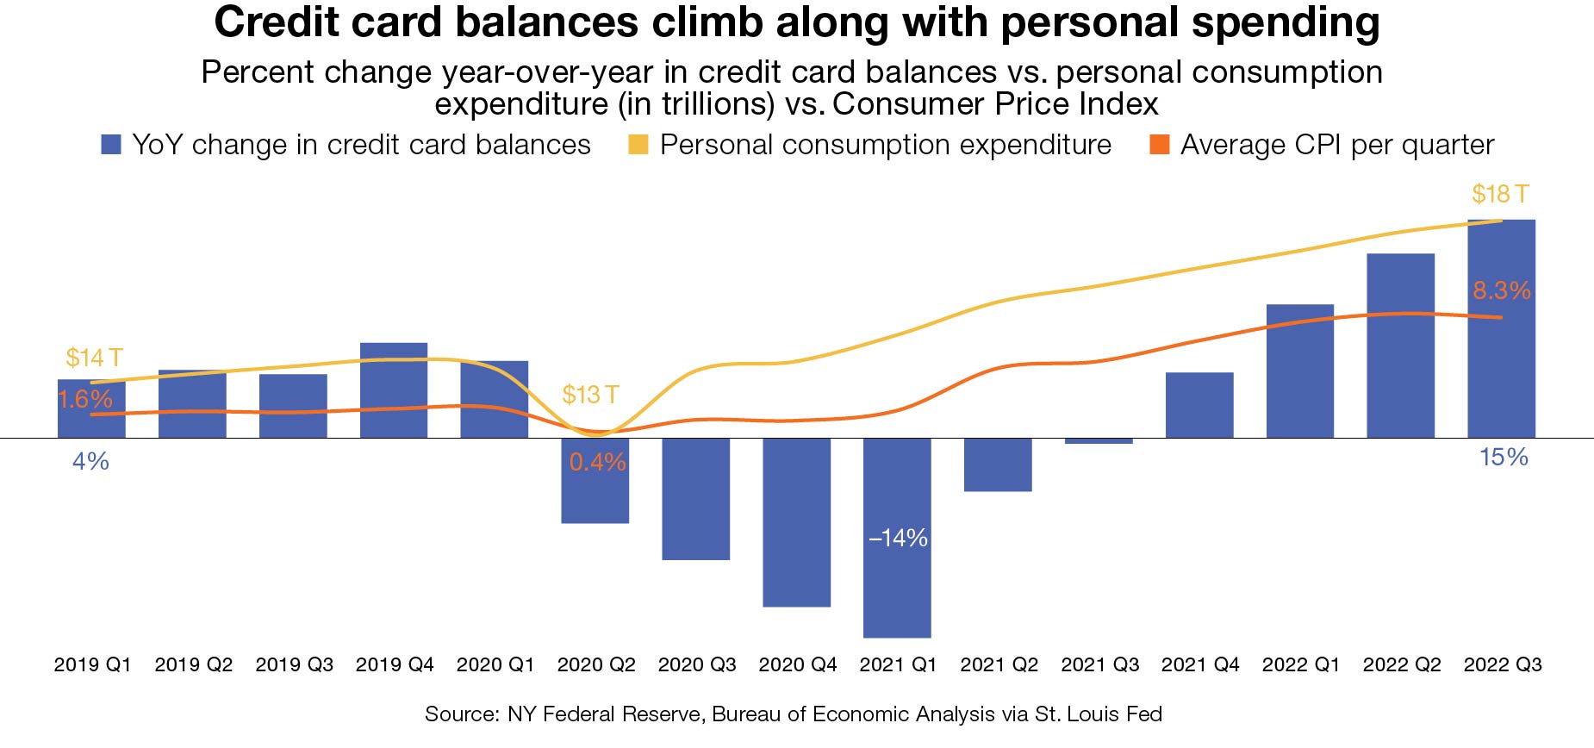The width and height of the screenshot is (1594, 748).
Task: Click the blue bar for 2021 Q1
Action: pyautogui.click(x=897, y=586)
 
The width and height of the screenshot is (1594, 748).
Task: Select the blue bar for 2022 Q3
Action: pyautogui.click(x=1501, y=362)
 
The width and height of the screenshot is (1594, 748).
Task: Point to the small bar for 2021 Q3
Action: pyautogui.click(x=1099, y=441)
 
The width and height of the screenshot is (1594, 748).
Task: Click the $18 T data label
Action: pyautogui.click(x=1499, y=194)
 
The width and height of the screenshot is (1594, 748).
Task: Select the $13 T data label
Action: pyautogui.click(x=590, y=395)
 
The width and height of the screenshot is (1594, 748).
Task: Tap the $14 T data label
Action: pyautogui.click(x=94, y=358)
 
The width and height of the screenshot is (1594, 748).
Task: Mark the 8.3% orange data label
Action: pyautogui.click(x=1501, y=290)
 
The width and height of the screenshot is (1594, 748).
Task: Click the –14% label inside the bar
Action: pyautogui.click(x=898, y=538)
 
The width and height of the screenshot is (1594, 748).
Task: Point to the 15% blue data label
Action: pyautogui.click(x=1504, y=457)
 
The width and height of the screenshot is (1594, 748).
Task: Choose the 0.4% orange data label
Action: pyautogui.click(x=597, y=462)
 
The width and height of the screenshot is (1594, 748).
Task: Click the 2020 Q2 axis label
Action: pyautogui.click(x=596, y=664)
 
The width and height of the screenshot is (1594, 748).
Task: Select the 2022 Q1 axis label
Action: pyautogui.click(x=1301, y=664)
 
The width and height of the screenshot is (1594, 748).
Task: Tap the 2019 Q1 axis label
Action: pyautogui.click(x=92, y=664)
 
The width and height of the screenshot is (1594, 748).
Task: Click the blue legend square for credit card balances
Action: pyautogui.click(x=111, y=145)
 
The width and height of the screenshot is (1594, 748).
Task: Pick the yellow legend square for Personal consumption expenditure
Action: pyautogui.click(x=638, y=145)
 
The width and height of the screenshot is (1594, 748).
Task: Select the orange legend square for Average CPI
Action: pyautogui.click(x=1160, y=145)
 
